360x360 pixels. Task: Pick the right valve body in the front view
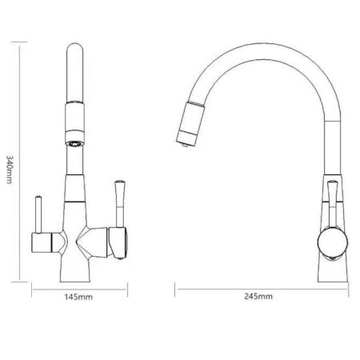[112, 240]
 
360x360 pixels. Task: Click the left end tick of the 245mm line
[175, 283]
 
